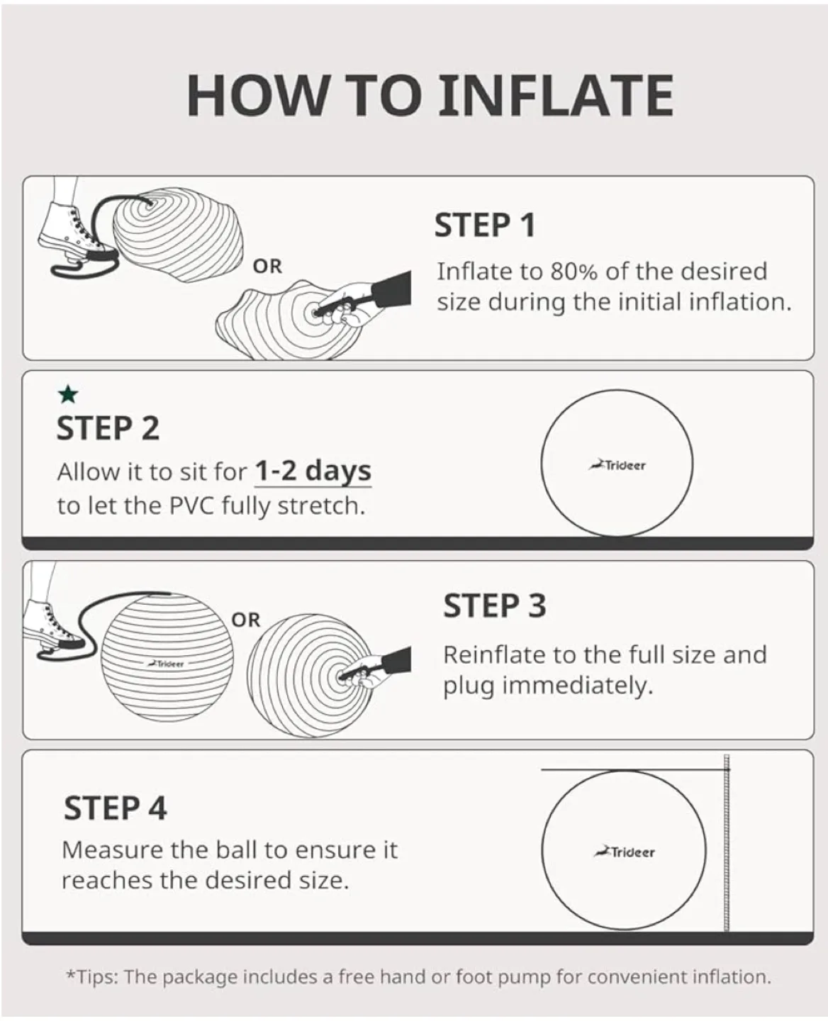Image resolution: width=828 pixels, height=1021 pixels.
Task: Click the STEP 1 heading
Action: click(485, 225)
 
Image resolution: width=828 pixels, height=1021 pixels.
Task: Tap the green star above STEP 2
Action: click(68, 394)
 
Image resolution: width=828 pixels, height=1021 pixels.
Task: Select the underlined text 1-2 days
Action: click(313, 472)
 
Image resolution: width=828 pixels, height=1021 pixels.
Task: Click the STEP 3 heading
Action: click(495, 606)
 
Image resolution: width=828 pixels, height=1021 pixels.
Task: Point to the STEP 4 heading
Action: click(116, 808)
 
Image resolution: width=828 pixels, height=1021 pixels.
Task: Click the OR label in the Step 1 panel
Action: click(267, 267)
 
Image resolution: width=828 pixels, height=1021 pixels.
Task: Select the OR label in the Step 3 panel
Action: click(246, 620)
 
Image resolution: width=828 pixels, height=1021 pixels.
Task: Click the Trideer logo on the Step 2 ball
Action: click(617, 466)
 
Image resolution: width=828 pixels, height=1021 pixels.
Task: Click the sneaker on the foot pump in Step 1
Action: click(69, 230)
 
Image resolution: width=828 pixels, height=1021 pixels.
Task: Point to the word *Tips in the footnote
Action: click(91, 977)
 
